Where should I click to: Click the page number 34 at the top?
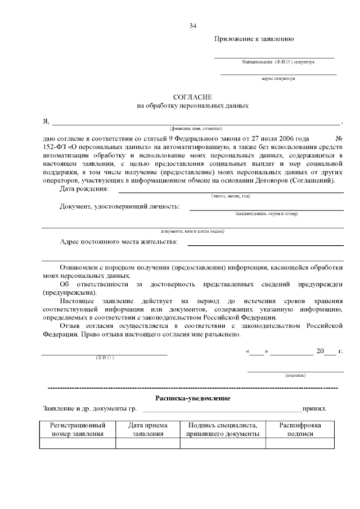tap(193, 26)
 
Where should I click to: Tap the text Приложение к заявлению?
tap(254, 39)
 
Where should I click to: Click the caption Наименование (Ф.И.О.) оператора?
tap(278, 61)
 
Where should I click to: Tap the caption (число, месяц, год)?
tap(231, 196)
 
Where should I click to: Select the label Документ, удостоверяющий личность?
tap(120, 206)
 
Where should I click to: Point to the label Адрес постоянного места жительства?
tap(118, 242)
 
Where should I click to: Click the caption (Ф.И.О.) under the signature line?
tap(105, 358)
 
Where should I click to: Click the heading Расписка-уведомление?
tap(192, 398)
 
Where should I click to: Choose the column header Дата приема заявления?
tap(147, 430)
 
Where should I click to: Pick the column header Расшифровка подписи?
tap(300, 430)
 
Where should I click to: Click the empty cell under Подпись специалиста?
tap(222, 443)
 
